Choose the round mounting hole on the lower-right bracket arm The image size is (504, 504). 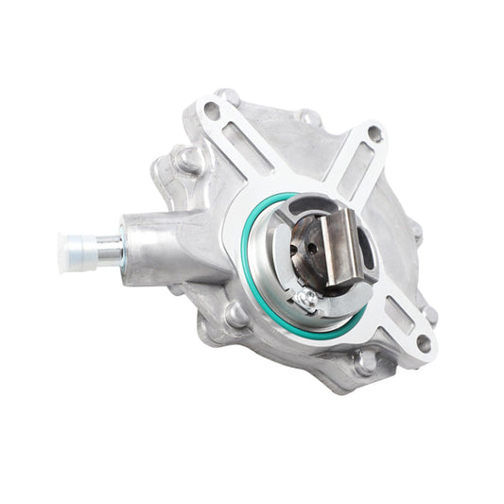tap(423, 343)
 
